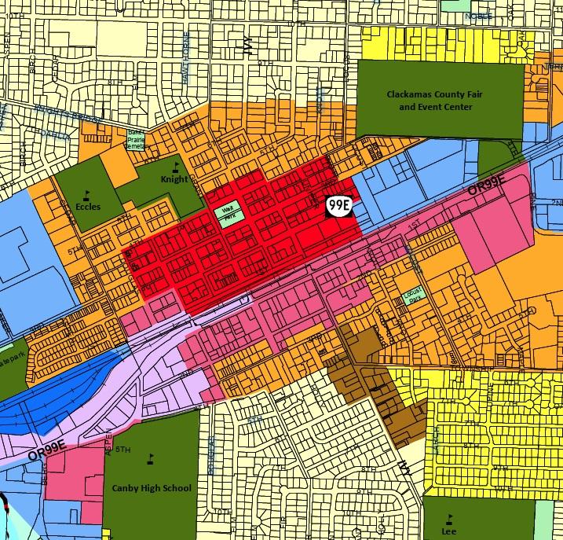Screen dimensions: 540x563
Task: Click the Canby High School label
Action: [152, 488]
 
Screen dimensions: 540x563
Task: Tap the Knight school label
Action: [174, 179]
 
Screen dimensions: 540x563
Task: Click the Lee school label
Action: [448, 531]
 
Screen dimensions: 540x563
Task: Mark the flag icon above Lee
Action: [449, 517]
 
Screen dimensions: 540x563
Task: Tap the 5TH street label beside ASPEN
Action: [122, 450]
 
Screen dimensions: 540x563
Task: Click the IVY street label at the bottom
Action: [405, 463]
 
